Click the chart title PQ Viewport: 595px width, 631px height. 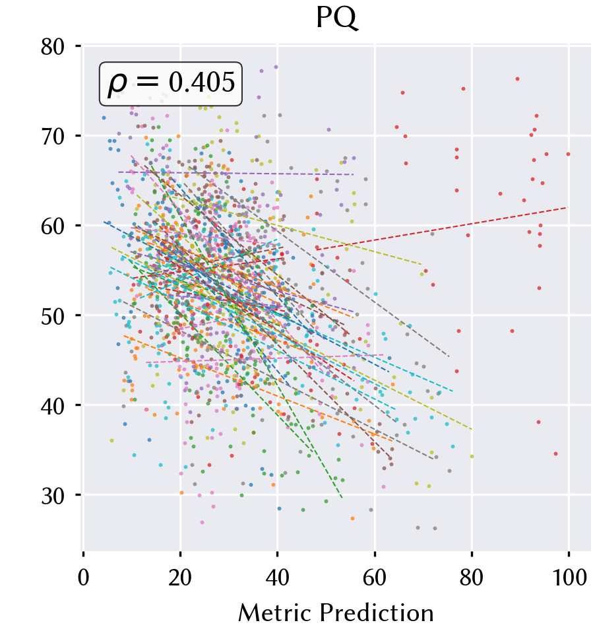pyautogui.click(x=336, y=18)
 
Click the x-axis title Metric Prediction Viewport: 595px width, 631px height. pyautogui.click(x=336, y=613)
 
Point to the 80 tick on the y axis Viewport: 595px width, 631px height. pyautogui.click(x=53, y=47)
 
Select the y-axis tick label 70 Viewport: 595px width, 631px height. pyautogui.click(x=53, y=137)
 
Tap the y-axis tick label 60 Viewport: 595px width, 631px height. pyautogui.click(x=53, y=226)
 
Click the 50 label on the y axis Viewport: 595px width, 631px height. pyautogui.click(x=53, y=316)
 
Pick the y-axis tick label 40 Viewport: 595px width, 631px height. pyautogui.click(x=53, y=406)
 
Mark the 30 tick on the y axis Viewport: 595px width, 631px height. pyautogui.click(x=53, y=496)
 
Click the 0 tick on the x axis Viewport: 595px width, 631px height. pyautogui.click(x=83, y=578)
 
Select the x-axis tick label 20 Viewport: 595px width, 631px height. pyautogui.click(x=180, y=578)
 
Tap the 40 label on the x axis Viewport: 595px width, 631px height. pyautogui.click(x=278, y=578)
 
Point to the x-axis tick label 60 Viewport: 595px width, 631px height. pyautogui.click(x=375, y=578)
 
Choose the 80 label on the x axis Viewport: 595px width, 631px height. pyautogui.click(x=472, y=578)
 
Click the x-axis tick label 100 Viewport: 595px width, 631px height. pyautogui.click(x=569, y=578)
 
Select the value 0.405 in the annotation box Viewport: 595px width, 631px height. pyautogui.click(x=202, y=82)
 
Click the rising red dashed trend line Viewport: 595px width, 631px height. pyautogui.click(x=442, y=228)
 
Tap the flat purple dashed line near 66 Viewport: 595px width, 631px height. pyautogui.click(x=236, y=174)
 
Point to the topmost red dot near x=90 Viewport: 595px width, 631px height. pyautogui.click(x=517, y=79)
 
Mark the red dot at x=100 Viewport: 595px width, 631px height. pyautogui.click(x=568, y=154)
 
